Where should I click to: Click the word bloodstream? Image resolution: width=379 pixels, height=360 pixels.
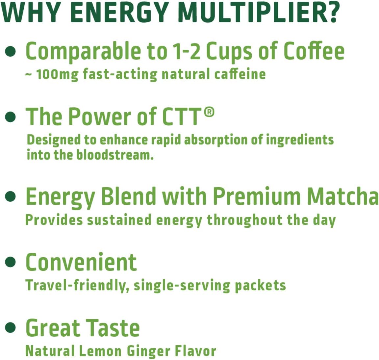(115, 155)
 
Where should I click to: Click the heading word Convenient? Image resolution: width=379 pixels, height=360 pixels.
(81, 262)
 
